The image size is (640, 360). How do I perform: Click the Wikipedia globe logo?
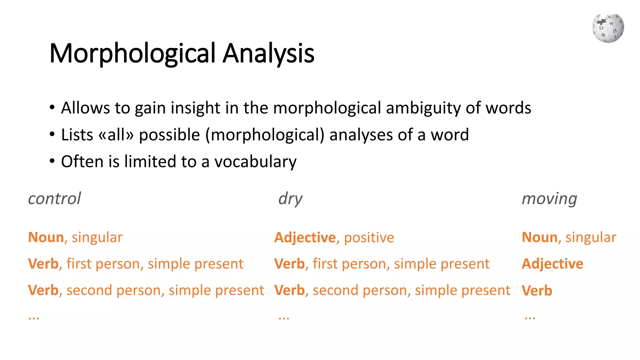coord(608,28)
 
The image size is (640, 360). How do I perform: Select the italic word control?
coord(54,199)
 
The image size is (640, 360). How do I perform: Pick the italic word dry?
coord(290,199)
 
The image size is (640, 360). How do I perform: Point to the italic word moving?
coord(549,199)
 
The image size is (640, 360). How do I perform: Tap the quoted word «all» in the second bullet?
coord(116,135)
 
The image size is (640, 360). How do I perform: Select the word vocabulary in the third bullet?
coord(255,162)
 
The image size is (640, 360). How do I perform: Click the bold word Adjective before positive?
coord(305,237)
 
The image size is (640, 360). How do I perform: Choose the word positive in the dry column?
coord(369,237)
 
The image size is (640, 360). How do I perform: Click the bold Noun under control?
coord(46,237)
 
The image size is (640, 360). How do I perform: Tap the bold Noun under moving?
coord(540,237)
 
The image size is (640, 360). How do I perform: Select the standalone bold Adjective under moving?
coord(552,264)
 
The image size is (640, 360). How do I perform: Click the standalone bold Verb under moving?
coord(537,291)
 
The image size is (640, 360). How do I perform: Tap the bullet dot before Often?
coord(52,161)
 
